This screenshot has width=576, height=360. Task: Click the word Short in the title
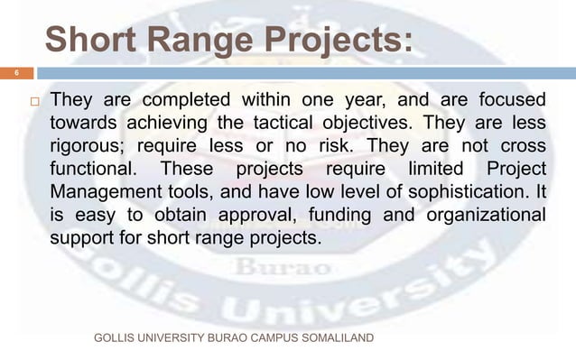coord(88,42)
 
